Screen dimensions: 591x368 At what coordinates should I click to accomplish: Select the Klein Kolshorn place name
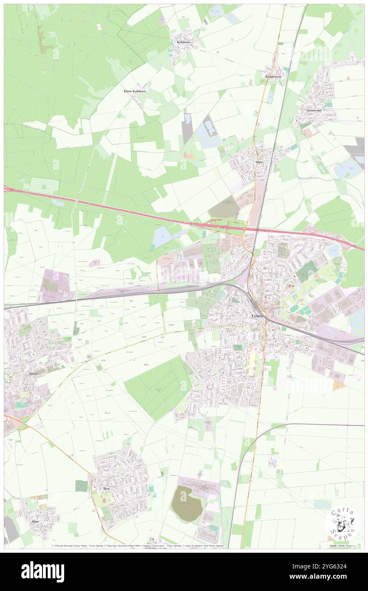tap(135, 91)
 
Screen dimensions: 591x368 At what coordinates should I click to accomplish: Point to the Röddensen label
tap(274, 77)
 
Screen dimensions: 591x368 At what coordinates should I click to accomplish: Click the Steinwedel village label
tap(314, 111)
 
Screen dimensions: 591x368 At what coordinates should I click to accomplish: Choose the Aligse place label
tap(259, 162)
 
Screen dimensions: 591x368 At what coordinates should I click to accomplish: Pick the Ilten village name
tap(106, 489)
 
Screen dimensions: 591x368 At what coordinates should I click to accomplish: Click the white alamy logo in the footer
tap(42, 572)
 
